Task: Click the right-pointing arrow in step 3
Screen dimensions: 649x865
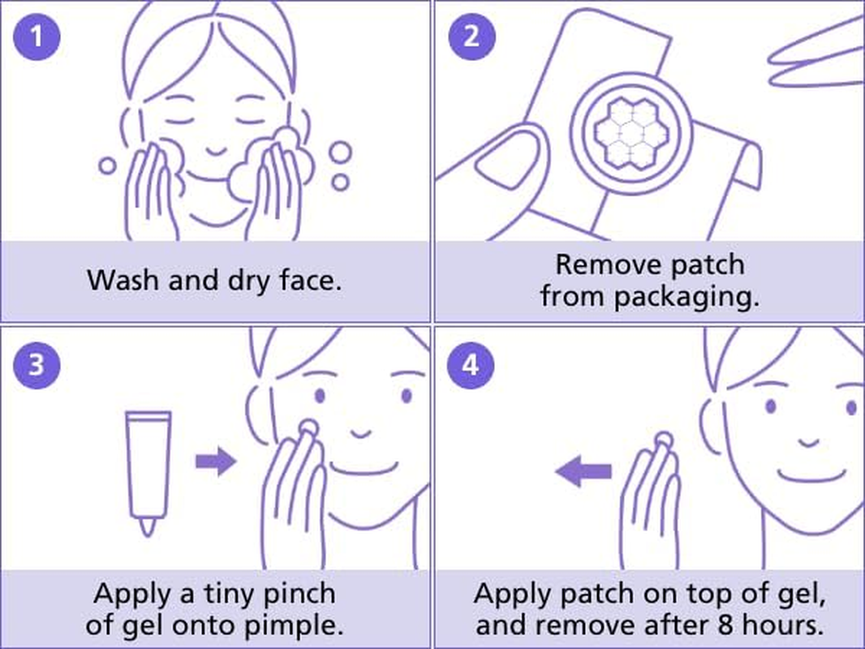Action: click(215, 462)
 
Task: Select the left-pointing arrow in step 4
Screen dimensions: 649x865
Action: click(583, 471)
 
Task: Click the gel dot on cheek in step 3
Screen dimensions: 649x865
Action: click(307, 428)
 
